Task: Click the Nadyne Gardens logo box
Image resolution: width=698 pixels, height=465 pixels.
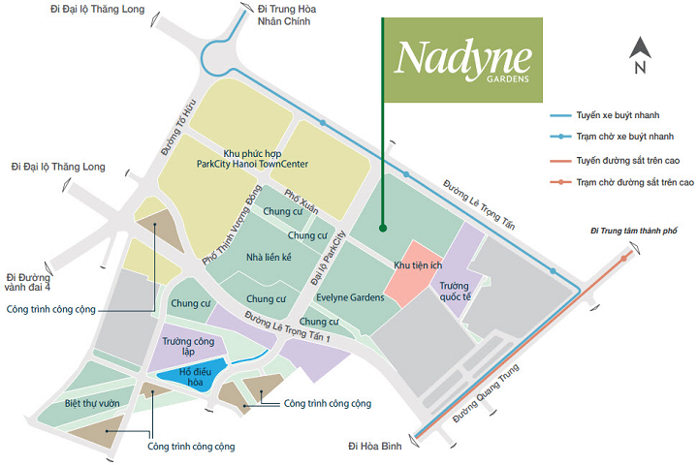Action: click(461, 61)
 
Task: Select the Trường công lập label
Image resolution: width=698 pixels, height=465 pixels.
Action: click(189, 346)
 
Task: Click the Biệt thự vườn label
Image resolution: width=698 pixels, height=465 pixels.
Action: click(92, 402)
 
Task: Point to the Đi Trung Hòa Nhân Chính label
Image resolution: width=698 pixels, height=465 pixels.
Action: click(287, 15)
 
